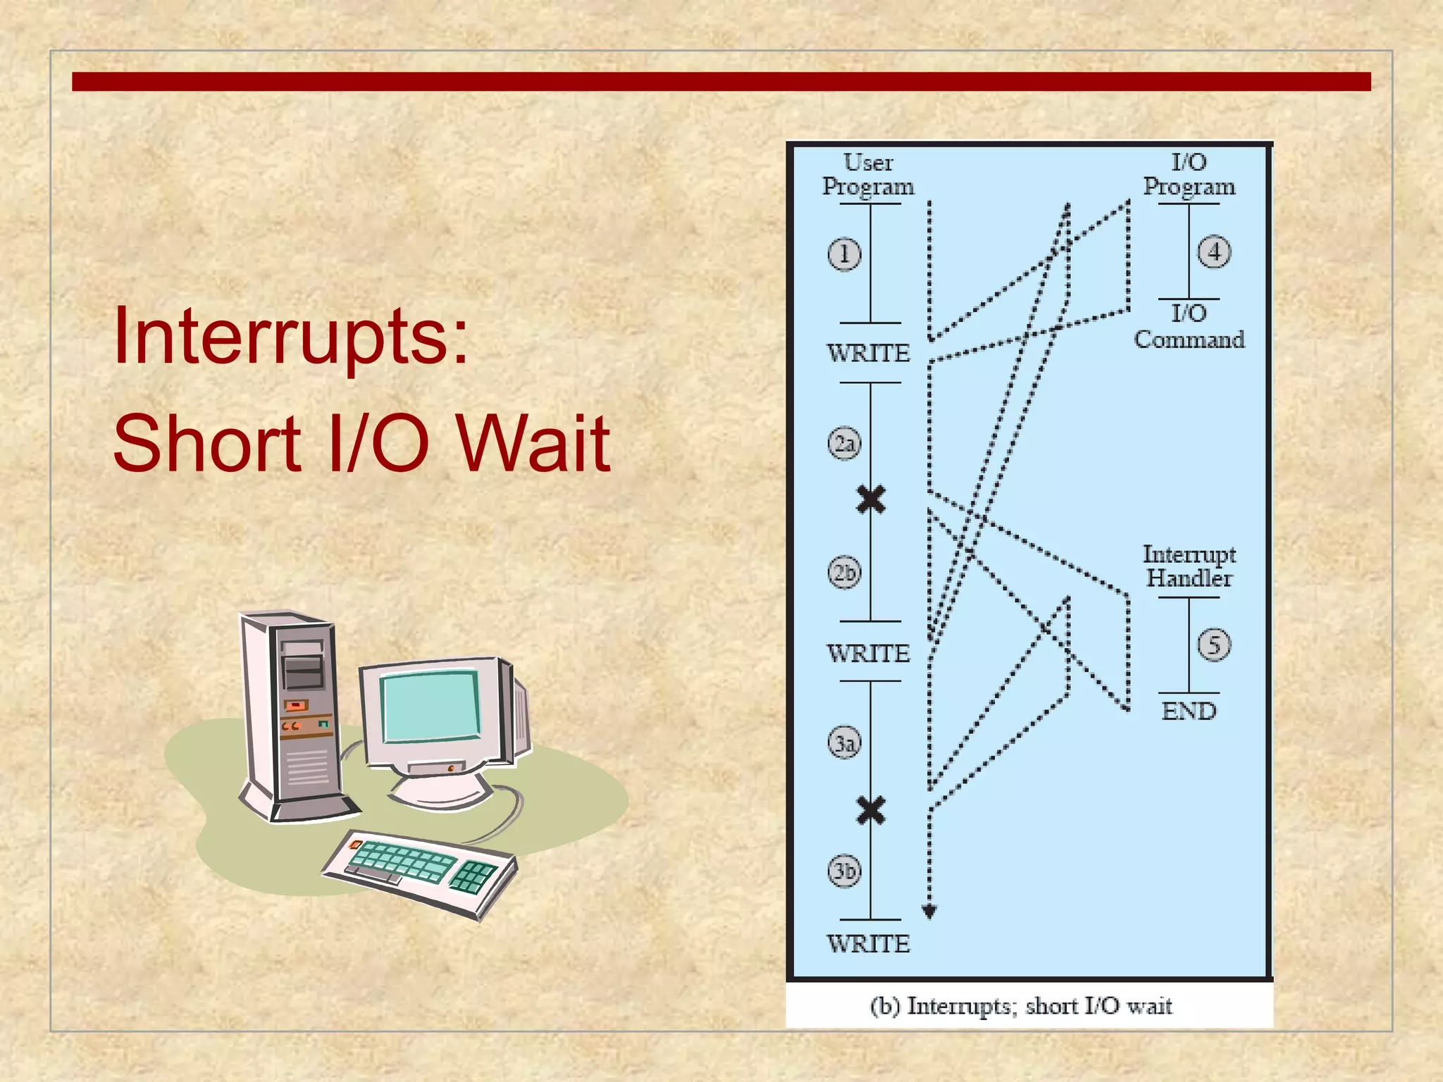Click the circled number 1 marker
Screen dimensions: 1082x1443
coord(844,254)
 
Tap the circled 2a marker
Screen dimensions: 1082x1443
coord(844,443)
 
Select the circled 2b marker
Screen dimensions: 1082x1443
coord(844,572)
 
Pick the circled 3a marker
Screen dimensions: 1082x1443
coord(844,742)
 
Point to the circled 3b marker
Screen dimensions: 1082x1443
coord(844,871)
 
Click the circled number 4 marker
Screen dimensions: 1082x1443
coord(1214,252)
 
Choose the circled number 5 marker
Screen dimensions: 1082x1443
coord(1214,645)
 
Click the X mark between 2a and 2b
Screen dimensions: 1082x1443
coord(871,499)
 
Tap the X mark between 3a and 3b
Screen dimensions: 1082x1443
coord(871,810)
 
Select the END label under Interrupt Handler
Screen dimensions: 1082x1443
coord(1189,711)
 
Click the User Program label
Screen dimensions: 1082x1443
coord(868,175)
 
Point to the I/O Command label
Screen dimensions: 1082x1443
coord(1189,327)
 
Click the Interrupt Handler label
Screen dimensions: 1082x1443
coord(1189,566)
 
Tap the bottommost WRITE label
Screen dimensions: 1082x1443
coord(868,944)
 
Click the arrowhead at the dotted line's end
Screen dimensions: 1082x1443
coord(929,912)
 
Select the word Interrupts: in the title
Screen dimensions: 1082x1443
coord(290,337)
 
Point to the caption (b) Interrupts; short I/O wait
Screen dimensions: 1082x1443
coord(1021,1006)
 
